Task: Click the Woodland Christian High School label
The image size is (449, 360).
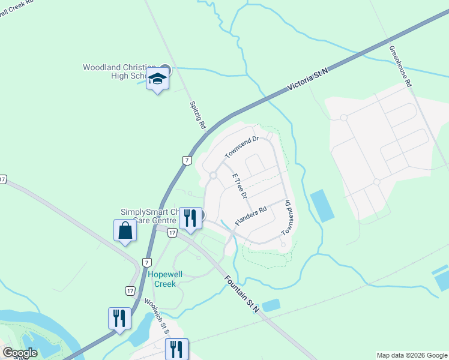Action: click(120, 71)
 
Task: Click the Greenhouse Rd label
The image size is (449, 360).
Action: click(400, 67)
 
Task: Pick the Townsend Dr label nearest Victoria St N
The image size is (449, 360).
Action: click(241, 148)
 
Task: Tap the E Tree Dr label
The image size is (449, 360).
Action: click(240, 186)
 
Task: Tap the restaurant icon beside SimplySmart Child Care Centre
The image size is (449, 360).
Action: click(191, 217)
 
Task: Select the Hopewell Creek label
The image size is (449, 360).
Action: click(162, 279)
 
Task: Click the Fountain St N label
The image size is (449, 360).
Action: click(242, 293)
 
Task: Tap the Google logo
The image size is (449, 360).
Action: click(20, 353)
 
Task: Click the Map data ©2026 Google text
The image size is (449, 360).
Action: click(411, 355)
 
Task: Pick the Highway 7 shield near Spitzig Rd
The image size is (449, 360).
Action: click(187, 160)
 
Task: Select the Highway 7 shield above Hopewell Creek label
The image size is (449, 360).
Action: click(146, 262)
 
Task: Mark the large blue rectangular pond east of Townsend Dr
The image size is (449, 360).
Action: click(322, 206)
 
